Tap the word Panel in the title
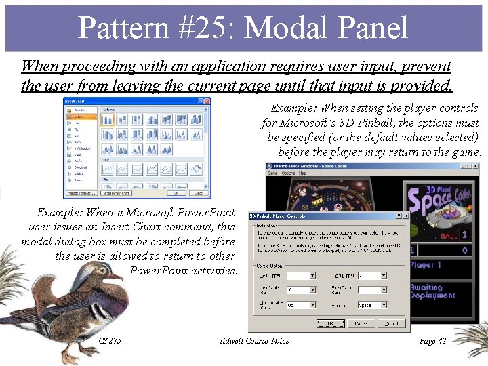coord(370,28)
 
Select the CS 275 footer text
coord(110,341)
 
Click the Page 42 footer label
coord(432,341)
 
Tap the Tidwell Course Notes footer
coord(253,341)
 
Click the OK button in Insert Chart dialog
coord(176,194)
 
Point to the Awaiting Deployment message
coord(432,291)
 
